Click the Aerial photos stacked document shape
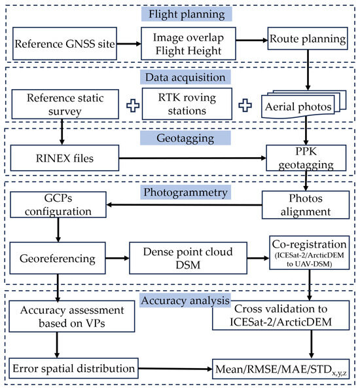pyautogui.click(x=305, y=107)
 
